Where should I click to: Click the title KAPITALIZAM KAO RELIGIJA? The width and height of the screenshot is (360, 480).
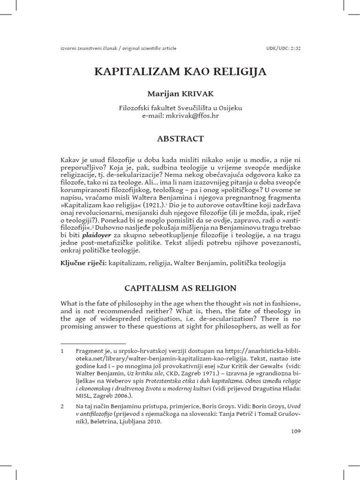click(x=180, y=72)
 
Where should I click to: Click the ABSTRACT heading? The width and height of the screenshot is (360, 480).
click(x=180, y=138)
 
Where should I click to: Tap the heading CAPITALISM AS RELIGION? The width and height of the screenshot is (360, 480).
click(x=180, y=287)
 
